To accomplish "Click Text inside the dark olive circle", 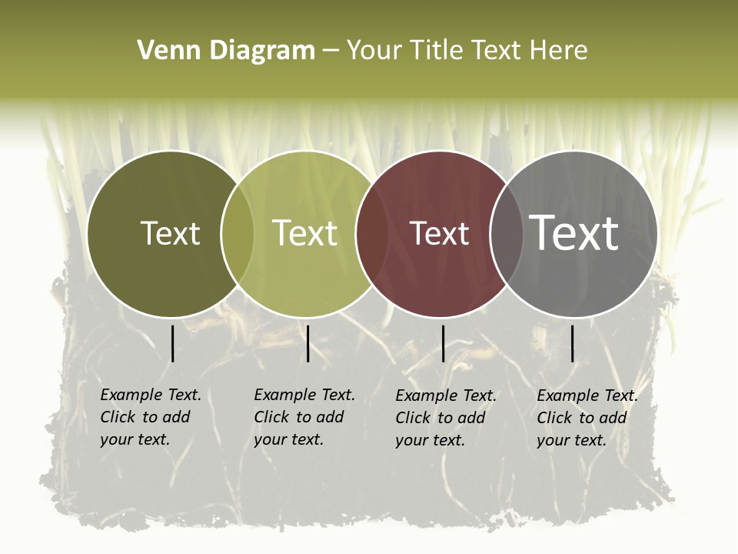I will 170,233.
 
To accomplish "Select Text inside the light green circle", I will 304,233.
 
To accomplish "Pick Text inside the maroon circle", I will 439,233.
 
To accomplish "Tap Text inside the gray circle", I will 573,232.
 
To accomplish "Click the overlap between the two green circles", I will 238,234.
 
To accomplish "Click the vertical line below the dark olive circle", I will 172,343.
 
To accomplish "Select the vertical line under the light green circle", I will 307,343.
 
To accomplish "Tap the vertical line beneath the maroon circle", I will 443,343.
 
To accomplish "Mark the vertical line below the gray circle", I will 572,343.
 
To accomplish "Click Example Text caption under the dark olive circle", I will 151,395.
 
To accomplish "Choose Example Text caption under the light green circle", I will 304,395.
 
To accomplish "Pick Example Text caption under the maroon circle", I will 446,395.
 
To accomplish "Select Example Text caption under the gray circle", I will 587,395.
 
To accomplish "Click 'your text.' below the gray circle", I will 571,440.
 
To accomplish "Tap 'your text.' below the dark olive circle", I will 135,439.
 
